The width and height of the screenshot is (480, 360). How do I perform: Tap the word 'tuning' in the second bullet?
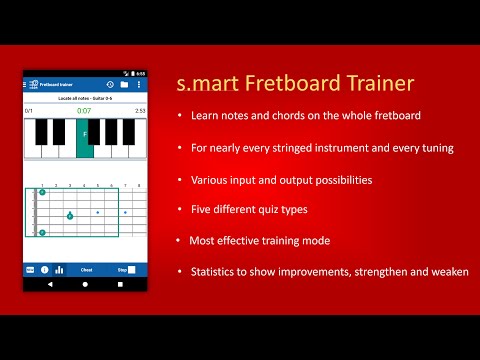[x=437, y=148]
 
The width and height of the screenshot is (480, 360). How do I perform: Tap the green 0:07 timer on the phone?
[x=85, y=110]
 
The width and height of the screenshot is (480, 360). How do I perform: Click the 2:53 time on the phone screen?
[x=140, y=110]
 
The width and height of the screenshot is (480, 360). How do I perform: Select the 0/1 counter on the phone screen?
[x=29, y=110]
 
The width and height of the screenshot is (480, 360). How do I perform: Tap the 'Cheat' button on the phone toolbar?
[x=87, y=269]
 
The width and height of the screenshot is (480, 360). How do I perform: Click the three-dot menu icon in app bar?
[x=139, y=84]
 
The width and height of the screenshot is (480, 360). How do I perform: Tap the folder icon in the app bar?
[x=124, y=84]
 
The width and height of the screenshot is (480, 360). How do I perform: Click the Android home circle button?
[x=85, y=284]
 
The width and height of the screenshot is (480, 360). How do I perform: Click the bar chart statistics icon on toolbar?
[x=59, y=269]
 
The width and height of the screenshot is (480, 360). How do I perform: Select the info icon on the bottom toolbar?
[x=44, y=269]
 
